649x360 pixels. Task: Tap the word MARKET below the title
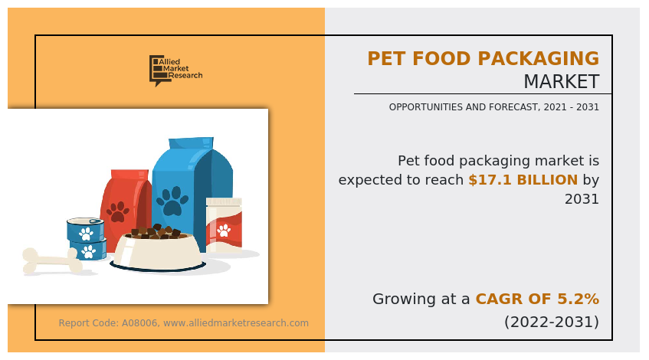coord(561,82)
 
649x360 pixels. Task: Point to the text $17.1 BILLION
coord(523,180)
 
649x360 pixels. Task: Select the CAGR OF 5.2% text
coord(537,299)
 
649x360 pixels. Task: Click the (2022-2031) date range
coord(551,322)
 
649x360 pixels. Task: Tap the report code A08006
coord(140,323)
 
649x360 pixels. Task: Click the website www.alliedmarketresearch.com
coord(236,323)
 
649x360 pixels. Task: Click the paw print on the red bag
coord(118,211)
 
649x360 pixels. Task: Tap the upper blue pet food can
coord(85,229)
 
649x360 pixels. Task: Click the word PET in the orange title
coord(391,59)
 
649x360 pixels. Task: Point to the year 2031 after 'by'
coord(582,199)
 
